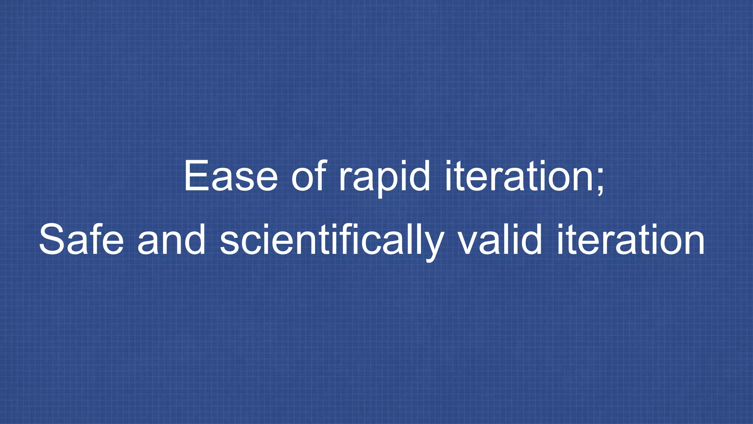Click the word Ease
click(231, 176)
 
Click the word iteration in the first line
click(518, 176)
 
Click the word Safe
click(81, 240)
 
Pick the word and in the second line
click(171, 240)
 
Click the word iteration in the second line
click(631, 240)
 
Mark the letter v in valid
click(468, 243)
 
